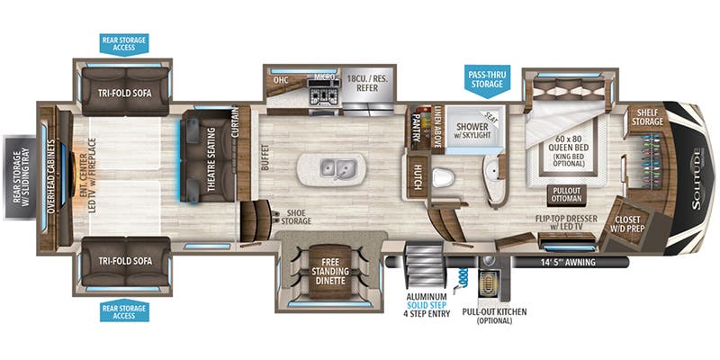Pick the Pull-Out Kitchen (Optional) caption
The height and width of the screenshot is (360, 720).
tap(493, 317)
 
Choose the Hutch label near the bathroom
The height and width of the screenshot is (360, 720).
tap(418, 170)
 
